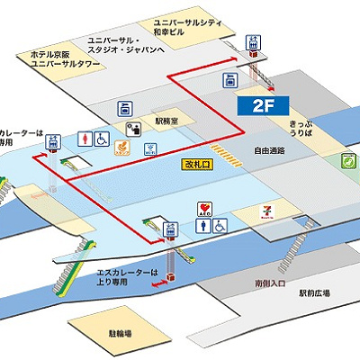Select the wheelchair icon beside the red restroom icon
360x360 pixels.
click(x=103, y=139)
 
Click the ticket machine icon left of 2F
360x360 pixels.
click(x=229, y=80)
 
